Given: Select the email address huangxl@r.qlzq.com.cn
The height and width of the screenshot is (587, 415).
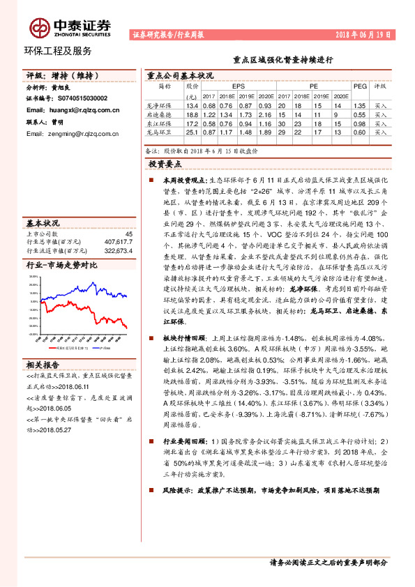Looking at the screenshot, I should [x=69, y=110].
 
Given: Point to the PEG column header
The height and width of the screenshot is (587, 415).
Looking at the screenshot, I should [x=359, y=86].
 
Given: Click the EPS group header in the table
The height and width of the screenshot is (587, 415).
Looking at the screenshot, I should [x=237, y=86].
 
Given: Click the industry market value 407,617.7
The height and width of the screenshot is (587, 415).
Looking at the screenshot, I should [x=118, y=242].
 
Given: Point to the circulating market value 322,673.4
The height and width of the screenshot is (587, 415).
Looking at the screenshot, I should [x=118, y=250].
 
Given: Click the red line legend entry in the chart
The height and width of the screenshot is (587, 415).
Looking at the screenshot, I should [x=68, y=346].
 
